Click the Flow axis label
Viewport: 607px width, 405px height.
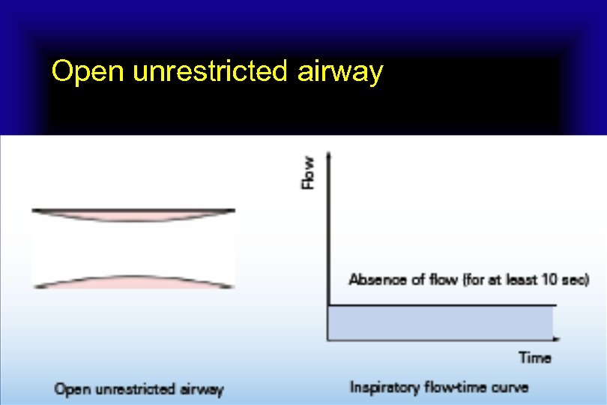coord(308,172)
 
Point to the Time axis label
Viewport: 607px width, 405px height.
coord(535,358)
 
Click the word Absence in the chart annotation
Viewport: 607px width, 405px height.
coord(377,280)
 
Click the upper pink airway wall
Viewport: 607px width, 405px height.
coord(133,216)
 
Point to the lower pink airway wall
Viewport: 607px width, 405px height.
coord(133,281)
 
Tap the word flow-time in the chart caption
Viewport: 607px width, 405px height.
coord(456,388)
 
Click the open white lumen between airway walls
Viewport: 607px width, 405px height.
coord(133,248)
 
